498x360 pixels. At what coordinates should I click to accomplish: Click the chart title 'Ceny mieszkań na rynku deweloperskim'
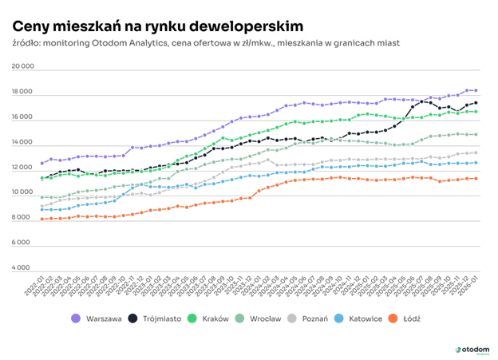pos(156,27)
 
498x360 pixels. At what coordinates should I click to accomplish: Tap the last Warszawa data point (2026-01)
pos(476,91)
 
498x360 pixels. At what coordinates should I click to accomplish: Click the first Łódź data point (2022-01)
pos(42,219)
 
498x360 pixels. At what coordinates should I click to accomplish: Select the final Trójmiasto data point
pos(476,103)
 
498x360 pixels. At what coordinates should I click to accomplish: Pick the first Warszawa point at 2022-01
pos(42,163)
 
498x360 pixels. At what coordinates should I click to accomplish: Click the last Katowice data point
pos(476,163)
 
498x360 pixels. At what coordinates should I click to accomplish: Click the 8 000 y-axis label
pos(23,218)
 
